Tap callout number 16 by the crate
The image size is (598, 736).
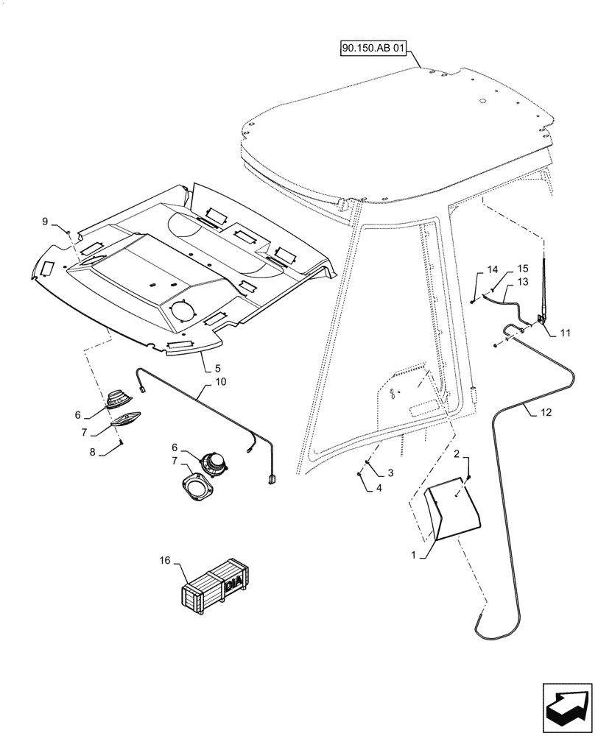click(x=165, y=561)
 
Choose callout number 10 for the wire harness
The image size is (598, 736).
click(x=221, y=382)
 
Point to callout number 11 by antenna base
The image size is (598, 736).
click(x=565, y=333)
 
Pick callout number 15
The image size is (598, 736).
click(x=522, y=270)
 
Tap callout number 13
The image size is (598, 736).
click(x=522, y=282)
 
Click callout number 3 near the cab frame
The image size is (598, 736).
click(x=391, y=472)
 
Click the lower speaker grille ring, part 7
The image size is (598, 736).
click(x=198, y=489)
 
